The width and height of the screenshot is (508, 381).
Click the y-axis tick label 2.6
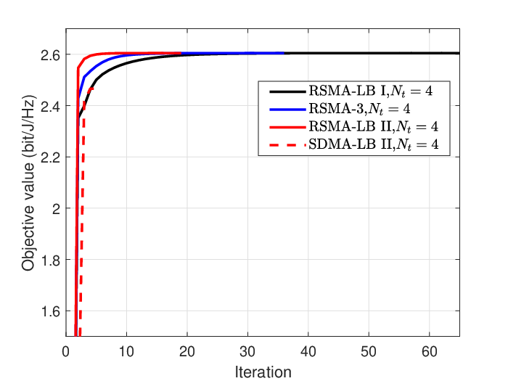50,55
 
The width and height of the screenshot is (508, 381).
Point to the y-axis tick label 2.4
50,106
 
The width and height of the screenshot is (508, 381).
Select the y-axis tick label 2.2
50,157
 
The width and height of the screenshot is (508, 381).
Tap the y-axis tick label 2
57,209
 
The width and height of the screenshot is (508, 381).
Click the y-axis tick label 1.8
51,261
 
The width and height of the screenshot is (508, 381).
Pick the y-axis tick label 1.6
51,311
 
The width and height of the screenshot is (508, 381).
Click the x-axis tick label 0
66,351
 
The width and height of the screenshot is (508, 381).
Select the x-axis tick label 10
126,351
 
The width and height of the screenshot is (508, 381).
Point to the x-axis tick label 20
187,351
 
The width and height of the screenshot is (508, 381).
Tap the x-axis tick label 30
247,351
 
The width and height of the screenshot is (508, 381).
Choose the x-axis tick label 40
308,351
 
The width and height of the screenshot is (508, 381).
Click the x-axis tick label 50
369,351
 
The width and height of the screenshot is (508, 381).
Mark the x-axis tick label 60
430,351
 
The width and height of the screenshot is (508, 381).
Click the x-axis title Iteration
263,372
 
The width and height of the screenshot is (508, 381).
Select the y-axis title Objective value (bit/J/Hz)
28,183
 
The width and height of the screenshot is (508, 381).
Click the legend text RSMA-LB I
348,91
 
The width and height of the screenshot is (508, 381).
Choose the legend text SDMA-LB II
351,144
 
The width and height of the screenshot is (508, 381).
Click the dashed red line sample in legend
287,145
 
